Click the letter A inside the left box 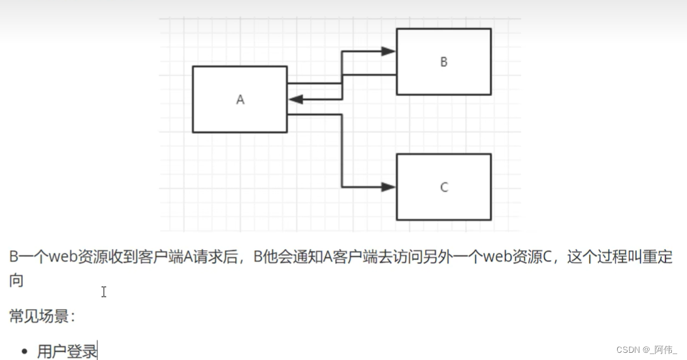(x=240, y=100)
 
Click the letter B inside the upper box (x=443, y=62)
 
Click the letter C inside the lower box (x=444, y=188)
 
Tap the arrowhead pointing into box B (x=389, y=51)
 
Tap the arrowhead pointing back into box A (x=295, y=99)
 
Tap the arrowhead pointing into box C (x=389, y=188)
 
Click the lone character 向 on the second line (x=16, y=280)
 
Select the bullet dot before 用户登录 (x=25, y=352)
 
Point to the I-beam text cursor (x=103, y=292)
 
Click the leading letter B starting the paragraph (x=14, y=257)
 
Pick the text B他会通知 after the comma (x=285, y=257)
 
